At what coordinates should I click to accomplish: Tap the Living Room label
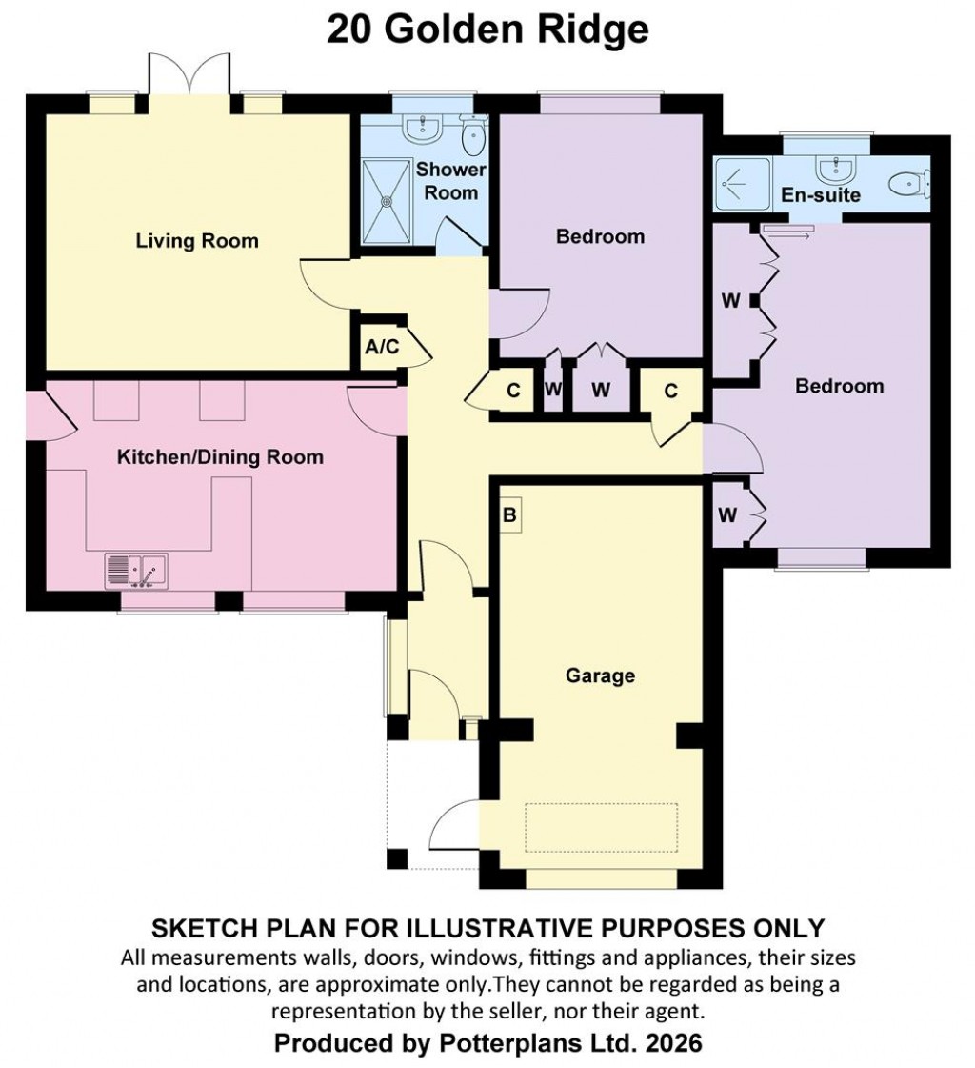(x=197, y=240)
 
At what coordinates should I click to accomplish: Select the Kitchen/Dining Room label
(x=220, y=457)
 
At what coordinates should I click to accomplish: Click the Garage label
(x=600, y=675)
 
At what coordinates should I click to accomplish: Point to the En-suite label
(x=821, y=195)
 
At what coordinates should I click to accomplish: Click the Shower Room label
(x=450, y=181)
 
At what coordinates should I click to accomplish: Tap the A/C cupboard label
(x=382, y=347)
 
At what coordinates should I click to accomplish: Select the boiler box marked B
(x=509, y=516)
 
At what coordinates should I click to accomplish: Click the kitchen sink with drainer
(x=135, y=571)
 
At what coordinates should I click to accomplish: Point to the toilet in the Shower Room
(x=472, y=136)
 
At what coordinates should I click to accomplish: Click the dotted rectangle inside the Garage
(x=602, y=826)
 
